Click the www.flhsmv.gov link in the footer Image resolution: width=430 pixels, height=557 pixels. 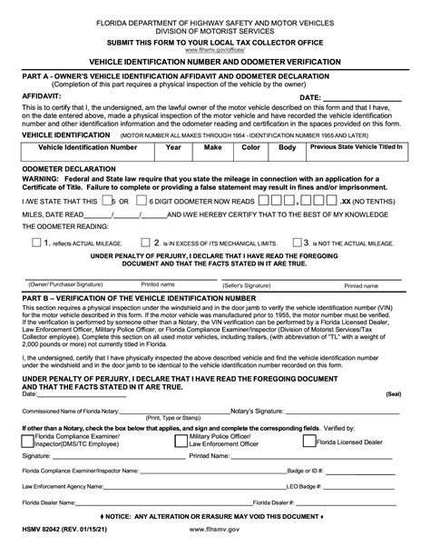click(x=215, y=542)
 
